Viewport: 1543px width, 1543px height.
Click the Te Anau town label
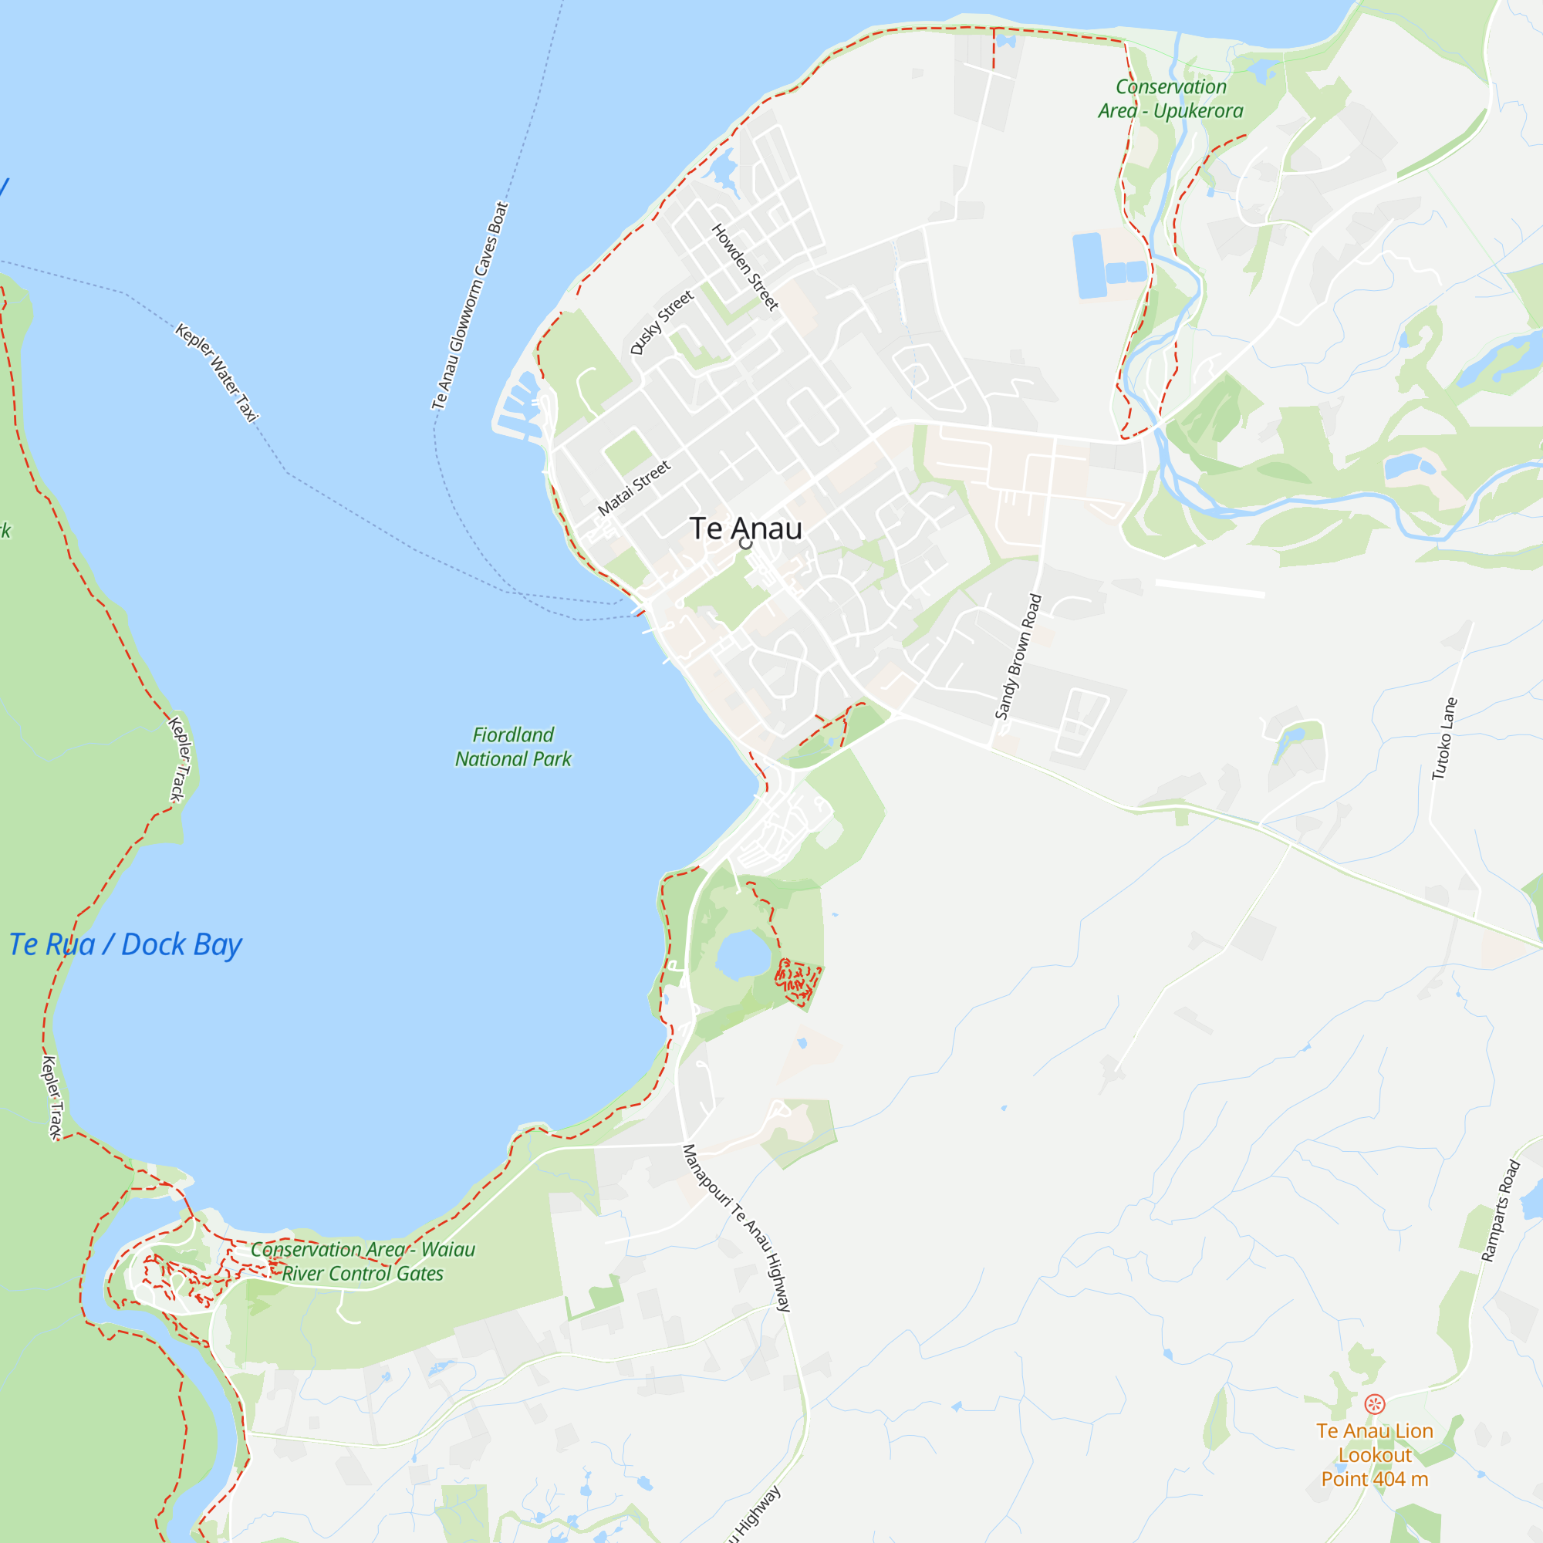coord(745,528)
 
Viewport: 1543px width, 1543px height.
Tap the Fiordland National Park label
coord(513,747)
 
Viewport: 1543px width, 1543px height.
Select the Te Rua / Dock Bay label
coord(126,945)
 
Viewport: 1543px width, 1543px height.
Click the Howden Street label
coord(744,267)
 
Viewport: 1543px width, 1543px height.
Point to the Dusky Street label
coord(661,322)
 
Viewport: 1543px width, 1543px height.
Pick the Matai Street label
coord(634,488)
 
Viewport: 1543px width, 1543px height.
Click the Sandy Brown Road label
coord(1018,657)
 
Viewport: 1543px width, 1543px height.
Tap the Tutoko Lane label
coord(1444,739)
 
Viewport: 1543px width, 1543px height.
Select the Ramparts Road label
coord(1500,1210)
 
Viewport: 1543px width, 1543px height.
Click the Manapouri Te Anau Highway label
coord(736,1227)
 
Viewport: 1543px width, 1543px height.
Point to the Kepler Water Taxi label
coord(218,372)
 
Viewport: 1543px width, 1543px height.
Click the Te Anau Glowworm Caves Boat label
coord(470,306)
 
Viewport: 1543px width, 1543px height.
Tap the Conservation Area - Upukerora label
coord(1170,98)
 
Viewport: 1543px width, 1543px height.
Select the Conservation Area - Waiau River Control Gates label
coord(363,1261)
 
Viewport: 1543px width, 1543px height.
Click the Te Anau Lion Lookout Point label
coord(1375,1454)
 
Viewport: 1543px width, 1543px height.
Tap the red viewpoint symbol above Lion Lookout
coord(1375,1404)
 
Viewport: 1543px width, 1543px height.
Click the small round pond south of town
coord(743,954)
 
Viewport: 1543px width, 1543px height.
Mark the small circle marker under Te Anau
coord(746,544)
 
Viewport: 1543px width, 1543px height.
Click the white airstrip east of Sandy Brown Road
coord(1209,589)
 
